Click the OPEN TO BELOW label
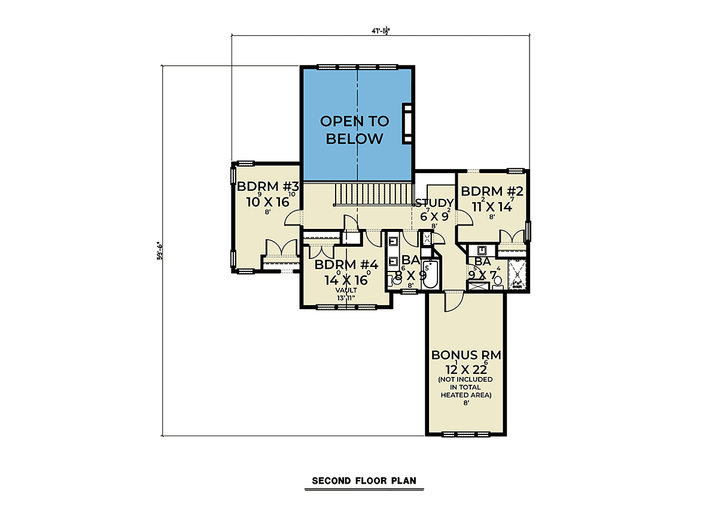pyautogui.click(x=354, y=130)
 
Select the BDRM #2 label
pyautogui.click(x=492, y=191)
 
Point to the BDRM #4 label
pyautogui.click(x=346, y=264)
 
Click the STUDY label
pyautogui.click(x=434, y=203)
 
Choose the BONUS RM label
pyautogui.click(x=466, y=355)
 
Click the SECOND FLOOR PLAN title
pyautogui.click(x=364, y=481)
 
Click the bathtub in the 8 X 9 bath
pyautogui.click(x=430, y=275)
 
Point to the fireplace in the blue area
pyautogui.click(x=408, y=123)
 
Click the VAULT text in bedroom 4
pyautogui.click(x=346, y=289)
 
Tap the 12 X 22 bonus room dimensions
pyautogui.click(x=466, y=367)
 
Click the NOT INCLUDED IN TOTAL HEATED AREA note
pyautogui.click(x=466, y=387)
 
